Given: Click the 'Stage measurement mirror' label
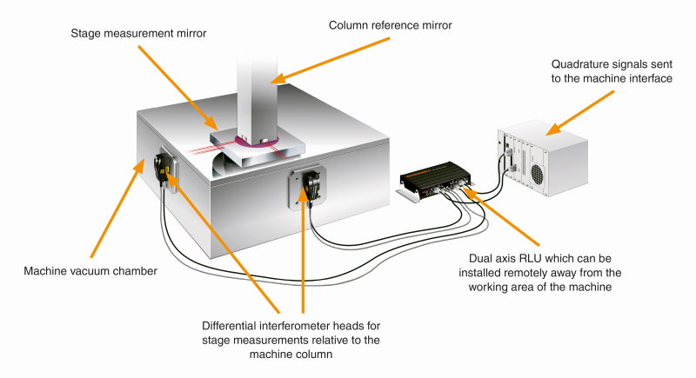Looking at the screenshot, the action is (x=138, y=33).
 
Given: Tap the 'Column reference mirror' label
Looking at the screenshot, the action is (x=390, y=25).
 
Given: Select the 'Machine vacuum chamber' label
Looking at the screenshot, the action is (x=90, y=271).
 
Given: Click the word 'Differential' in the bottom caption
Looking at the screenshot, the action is (x=229, y=326).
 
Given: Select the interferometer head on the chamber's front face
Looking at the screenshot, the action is (x=311, y=186).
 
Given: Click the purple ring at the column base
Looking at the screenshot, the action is (x=258, y=141).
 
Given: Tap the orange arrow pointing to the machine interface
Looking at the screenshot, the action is (x=580, y=113).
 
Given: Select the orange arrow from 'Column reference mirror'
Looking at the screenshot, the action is (x=330, y=61).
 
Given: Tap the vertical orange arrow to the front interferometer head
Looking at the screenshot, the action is (x=304, y=249).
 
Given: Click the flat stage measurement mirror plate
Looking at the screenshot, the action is (x=258, y=148).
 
